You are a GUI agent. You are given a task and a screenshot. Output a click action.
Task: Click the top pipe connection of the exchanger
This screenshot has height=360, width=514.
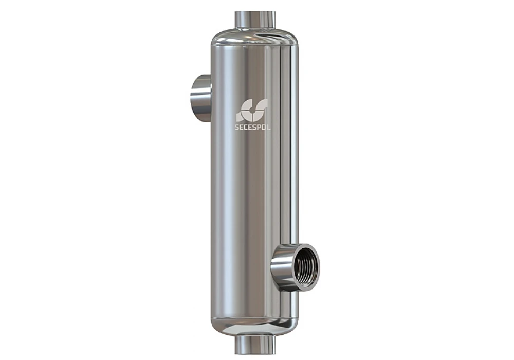point(255,20)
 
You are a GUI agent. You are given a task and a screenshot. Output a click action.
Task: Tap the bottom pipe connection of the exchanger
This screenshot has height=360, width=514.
point(255,343)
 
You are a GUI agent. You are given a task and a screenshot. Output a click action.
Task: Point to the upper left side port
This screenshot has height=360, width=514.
point(200,98)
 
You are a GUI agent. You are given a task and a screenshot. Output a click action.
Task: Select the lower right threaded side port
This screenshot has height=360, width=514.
point(295,267)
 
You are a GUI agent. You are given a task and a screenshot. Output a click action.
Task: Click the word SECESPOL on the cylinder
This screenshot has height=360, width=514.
point(253,128)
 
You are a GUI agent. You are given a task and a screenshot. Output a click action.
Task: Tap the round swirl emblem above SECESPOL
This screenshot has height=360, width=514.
point(252,111)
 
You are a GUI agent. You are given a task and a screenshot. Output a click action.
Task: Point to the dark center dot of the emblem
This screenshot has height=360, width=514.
point(251,111)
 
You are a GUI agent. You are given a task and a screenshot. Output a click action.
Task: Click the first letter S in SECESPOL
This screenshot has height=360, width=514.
point(237,128)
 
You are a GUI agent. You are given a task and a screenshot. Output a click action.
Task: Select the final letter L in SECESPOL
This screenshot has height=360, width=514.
point(269,128)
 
